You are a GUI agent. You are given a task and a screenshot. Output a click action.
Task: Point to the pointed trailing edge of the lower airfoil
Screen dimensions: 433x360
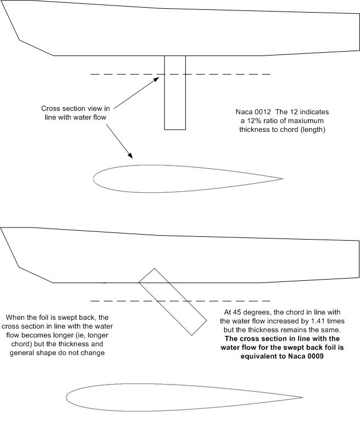pyautogui.click(x=301, y=397)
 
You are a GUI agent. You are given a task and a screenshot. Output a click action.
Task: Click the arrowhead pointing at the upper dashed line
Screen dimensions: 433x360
pyautogui.click(x=157, y=79)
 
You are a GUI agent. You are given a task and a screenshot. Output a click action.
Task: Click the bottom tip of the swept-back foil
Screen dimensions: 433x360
pyautogui.click(x=191, y=334)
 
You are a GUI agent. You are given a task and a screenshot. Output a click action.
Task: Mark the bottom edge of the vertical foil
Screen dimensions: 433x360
pyautogui.click(x=175, y=129)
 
